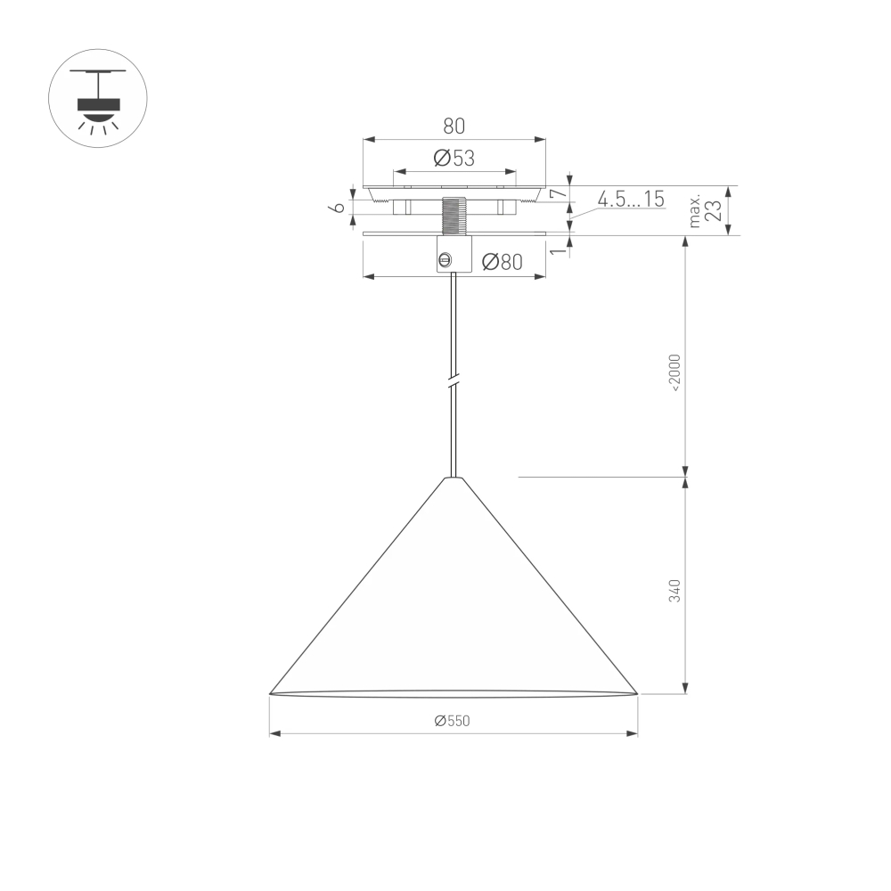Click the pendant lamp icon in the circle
coord(97,98)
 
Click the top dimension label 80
coord(454,126)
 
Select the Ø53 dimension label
coord(454,158)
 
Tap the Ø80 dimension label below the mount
coord(501,262)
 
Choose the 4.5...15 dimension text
coord(631,200)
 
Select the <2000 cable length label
coord(674,372)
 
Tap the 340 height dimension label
coord(674,590)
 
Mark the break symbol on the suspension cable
coord(454,381)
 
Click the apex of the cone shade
coord(454,478)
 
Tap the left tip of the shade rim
coord(271,692)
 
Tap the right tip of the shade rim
coord(636,692)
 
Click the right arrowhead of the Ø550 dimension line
coord(634,733)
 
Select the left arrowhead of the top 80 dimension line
coord(367,140)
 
